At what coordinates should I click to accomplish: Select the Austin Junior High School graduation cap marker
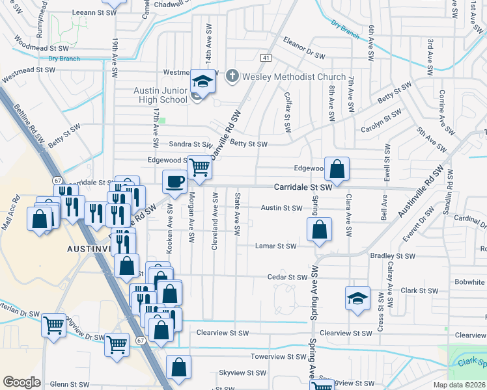(202, 83)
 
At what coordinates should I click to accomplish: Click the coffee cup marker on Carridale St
(174, 181)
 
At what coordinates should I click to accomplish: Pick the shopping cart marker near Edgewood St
(199, 168)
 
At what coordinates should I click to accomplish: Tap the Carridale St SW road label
(303, 187)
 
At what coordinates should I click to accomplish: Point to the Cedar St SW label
(287, 277)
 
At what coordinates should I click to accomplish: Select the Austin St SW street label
(281, 208)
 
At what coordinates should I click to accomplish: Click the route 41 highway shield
(266, 58)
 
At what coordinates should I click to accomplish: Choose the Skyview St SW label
(242, 373)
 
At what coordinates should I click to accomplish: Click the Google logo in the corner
(21, 382)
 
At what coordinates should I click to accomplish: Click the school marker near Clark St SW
(357, 298)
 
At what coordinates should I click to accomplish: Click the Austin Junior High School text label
(160, 95)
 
